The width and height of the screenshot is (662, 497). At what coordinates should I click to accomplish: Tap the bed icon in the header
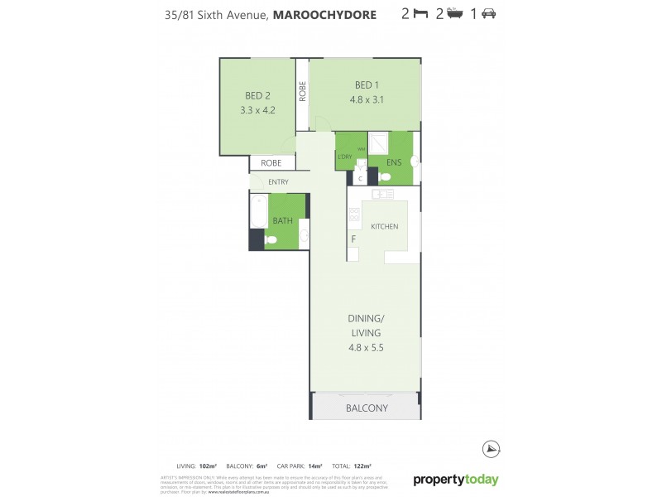click(419, 14)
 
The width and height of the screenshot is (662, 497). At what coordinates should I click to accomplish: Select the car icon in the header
click(488, 14)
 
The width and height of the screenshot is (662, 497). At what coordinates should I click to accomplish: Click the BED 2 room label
click(257, 95)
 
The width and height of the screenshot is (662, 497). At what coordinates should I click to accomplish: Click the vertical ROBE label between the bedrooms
click(303, 91)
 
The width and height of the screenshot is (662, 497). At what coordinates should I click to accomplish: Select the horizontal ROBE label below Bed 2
click(271, 163)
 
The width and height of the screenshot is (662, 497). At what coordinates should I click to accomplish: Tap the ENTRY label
click(279, 182)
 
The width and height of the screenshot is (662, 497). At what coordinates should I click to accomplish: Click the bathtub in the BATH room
click(257, 211)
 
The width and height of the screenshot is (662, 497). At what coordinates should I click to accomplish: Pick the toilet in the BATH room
click(271, 239)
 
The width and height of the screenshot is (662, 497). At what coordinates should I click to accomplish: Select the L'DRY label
click(345, 157)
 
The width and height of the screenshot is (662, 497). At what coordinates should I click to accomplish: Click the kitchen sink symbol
click(382, 195)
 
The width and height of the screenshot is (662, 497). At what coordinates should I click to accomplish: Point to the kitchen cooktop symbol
click(354, 217)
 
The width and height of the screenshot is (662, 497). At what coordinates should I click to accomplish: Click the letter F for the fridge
click(353, 239)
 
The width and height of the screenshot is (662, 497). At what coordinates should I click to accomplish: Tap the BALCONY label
click(367, 408)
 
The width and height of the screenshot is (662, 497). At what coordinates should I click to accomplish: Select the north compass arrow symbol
click(490, 448)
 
